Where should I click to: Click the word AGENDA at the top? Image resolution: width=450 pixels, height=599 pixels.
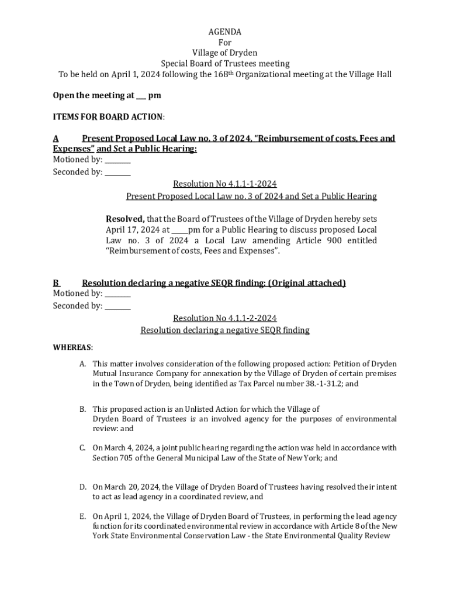click(225, 32)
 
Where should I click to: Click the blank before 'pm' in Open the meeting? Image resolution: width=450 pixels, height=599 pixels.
click(141, 95)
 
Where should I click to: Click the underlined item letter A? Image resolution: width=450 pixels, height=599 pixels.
click(56, 139)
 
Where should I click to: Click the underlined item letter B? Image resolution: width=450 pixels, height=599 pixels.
click(56, 283)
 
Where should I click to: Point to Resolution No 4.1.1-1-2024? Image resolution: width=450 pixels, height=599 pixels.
click(225, 184)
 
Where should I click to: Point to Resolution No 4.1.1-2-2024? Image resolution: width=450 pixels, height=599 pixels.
click(225, 318)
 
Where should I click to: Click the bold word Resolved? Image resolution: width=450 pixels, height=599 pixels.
click(124, 219)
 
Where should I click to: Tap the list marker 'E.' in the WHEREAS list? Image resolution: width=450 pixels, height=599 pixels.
click(84, 517)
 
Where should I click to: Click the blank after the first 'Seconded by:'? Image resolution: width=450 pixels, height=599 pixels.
click(118, 173)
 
